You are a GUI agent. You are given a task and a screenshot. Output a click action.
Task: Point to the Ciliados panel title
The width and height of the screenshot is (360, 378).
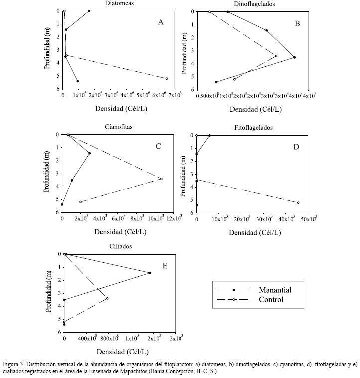[x=120, y=246]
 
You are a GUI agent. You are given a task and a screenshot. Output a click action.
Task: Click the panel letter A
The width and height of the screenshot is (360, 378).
[x=160, y=22]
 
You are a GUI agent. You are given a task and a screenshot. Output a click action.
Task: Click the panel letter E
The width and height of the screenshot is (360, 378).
[x=165, y=266]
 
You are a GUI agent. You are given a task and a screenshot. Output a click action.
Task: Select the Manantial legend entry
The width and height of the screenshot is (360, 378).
[x=275, y=290]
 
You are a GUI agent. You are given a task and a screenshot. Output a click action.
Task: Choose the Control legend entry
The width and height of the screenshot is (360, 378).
[x=271, y=300]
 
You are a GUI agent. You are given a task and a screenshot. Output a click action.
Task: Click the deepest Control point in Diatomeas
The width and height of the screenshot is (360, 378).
[x=167, y=78]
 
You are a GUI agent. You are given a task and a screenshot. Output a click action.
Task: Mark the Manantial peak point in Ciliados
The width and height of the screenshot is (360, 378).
[x=150, y=273]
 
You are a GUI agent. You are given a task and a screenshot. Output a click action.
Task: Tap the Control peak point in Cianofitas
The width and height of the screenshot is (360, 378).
[x=161, y=179]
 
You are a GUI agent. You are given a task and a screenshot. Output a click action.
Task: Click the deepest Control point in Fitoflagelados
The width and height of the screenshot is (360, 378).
[x=298, y=202]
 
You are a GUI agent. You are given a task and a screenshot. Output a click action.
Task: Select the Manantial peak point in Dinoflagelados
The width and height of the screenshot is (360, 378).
[x=295, y=57]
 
